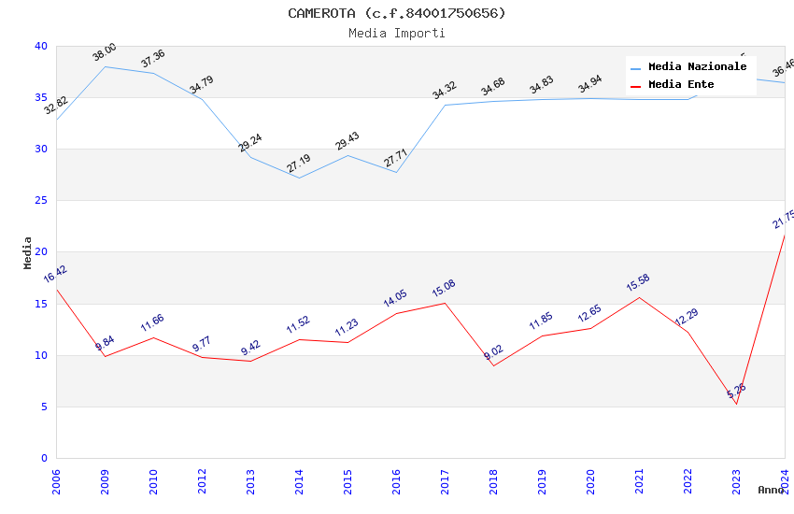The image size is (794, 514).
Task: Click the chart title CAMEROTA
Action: pos(396,13)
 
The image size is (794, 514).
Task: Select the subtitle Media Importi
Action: pos(396,33)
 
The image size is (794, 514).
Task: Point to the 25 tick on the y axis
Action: pos(41,201)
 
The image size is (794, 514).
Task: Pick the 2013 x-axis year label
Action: pos(251,481)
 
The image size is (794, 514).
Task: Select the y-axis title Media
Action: pos(28,252)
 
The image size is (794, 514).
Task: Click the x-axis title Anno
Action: pos(771,490)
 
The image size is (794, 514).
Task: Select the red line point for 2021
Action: pos(639,297)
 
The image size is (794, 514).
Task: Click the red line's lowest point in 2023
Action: pos(736,404)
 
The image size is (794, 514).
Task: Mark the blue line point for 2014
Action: pos(299,178)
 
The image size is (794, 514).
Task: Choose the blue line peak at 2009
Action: pos(105,66)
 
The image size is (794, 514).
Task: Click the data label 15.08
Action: pos(445,289)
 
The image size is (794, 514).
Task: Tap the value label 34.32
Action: pos(445,91)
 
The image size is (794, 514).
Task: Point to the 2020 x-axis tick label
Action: pos(591,481)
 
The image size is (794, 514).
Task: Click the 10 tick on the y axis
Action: pos(41,355)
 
